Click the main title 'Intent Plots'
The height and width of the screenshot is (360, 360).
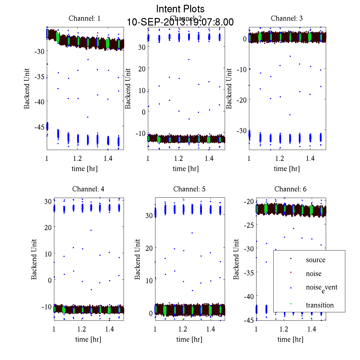coord(180,9)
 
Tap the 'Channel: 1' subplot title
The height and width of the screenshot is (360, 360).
coord(85,18)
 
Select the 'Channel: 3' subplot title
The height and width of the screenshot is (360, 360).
coord(286,18)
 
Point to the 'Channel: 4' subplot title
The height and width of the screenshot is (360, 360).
coord(88,189)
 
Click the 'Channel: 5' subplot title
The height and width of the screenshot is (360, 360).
coord(189,189)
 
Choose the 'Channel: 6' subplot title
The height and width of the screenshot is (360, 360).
coord(290,189)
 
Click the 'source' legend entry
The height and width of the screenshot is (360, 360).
coord(315,260)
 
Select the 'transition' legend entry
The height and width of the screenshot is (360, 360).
coord(319,305)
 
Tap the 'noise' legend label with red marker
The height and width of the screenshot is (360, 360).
coord(313,274)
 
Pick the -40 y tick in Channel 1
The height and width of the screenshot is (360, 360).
coord(39,102)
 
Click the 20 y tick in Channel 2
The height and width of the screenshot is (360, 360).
coord(142,69)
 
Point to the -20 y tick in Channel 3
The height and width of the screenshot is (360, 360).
coord(241,100)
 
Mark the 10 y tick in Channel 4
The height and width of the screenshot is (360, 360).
coord(48,253)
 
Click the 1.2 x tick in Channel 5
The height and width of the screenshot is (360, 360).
coord(183,329)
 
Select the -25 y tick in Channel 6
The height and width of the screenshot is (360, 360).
coord(250,225)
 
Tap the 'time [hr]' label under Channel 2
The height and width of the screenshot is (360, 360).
coord(185,169)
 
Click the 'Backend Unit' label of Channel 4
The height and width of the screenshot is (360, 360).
coord(34,259)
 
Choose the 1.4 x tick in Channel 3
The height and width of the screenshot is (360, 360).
coord(310,158)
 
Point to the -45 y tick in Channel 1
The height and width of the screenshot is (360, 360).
coord(39,127)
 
